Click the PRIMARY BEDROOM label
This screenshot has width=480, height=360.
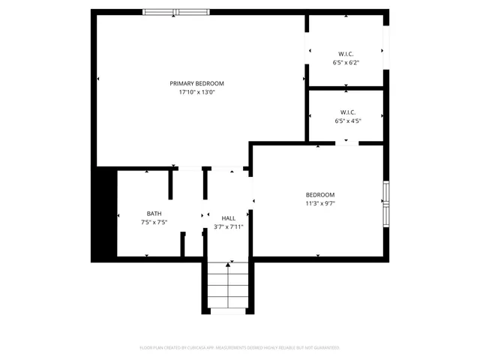196,83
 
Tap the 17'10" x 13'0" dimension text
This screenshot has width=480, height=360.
196,93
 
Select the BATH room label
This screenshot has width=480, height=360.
154,213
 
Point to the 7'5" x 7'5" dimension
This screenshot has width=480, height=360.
154,222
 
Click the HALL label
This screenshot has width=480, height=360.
228,217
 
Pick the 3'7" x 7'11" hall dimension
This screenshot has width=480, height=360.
228,226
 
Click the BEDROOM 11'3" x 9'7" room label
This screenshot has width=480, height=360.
319,194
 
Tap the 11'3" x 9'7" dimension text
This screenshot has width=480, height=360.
319,203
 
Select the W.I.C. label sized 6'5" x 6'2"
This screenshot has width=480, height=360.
346,54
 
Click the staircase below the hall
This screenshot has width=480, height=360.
228,289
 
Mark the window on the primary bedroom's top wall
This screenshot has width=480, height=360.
172,12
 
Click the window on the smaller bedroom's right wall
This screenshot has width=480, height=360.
386,203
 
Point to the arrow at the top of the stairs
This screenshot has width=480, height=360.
228,264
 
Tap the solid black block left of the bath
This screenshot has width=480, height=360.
103,214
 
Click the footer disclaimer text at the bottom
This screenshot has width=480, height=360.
239,348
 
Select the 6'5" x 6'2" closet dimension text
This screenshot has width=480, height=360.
346,63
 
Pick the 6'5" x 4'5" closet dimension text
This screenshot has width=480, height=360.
348,121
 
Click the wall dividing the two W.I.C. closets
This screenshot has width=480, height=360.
346,88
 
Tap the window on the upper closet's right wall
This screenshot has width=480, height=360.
386,49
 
